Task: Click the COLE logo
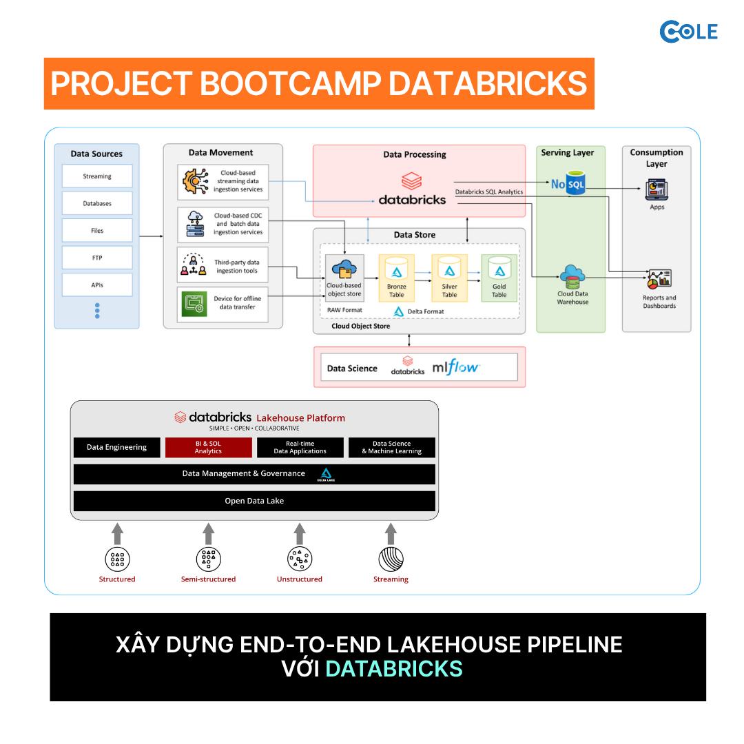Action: point(688,32)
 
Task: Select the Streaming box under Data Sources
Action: point(97,176)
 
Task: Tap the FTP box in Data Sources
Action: point(97,258)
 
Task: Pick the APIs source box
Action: point(97,285)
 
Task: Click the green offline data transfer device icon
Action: point(194,303)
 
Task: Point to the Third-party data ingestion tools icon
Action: point(194,265)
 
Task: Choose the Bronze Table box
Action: point(397,278)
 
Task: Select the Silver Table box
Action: point(449,278)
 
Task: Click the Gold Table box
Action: point(499,278)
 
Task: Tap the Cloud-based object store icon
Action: point(344,269)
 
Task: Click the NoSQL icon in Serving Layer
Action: point(568,183)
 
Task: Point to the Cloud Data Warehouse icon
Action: point(572,277)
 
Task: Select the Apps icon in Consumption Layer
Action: point(657,190)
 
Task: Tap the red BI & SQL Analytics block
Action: point(208,448)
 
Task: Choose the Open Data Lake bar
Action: point(254,501)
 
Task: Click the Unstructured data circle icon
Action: point(300,559)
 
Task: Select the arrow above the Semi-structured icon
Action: point(208,534)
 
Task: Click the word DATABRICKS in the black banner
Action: point(394,668)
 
